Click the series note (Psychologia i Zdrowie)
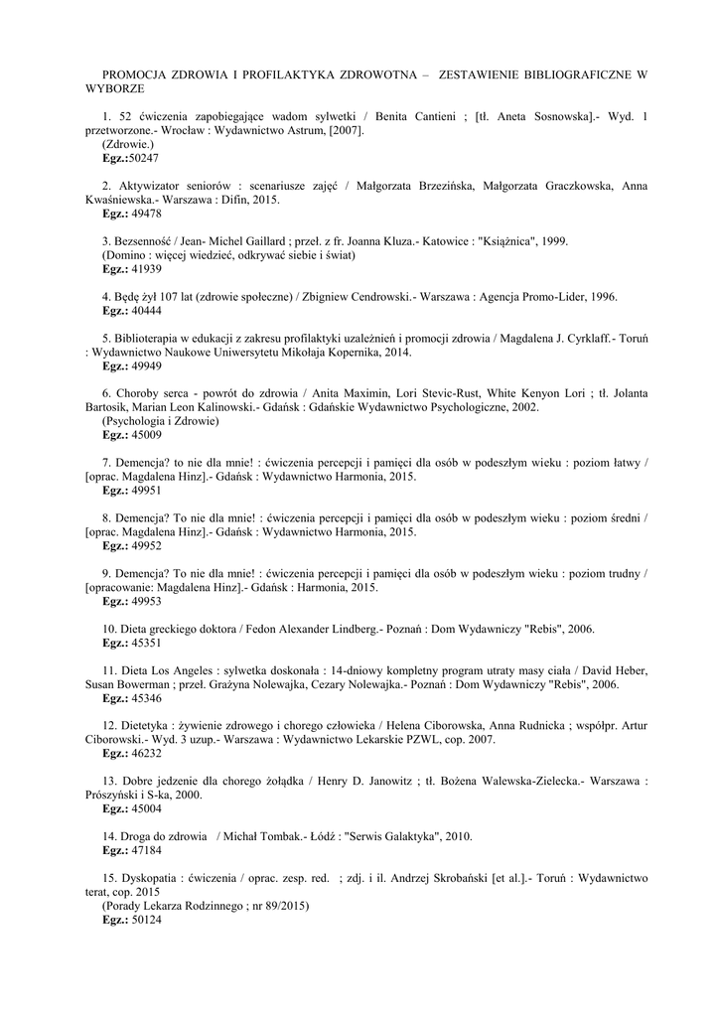[161, 420]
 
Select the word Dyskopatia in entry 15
[150, 878]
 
